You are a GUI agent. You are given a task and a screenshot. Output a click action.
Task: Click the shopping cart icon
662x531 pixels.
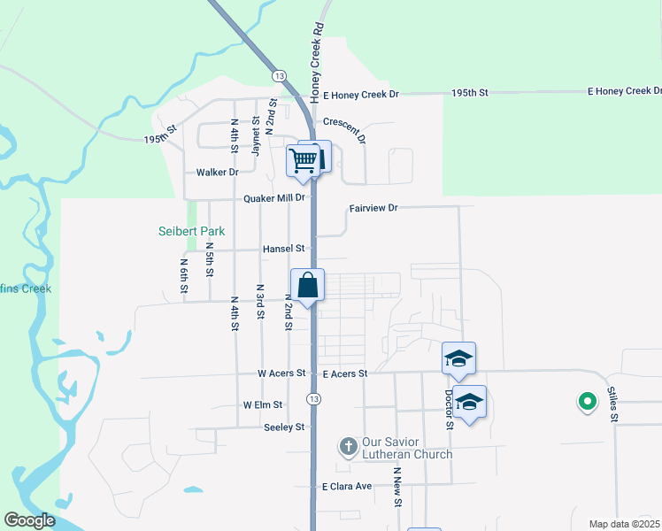point(303,160)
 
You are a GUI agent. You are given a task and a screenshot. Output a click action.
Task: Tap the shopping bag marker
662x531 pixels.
point(308,286)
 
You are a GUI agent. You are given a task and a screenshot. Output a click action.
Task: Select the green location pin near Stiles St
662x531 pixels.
point(586,403)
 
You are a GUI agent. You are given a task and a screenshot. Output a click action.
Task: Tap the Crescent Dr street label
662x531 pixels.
point(344,128)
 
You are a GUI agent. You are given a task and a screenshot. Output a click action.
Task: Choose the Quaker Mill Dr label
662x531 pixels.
point(274,198)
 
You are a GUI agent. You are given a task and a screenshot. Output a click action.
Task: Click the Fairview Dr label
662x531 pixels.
point(373,208)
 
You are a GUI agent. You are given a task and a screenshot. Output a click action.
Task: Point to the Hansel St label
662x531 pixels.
point(283,250)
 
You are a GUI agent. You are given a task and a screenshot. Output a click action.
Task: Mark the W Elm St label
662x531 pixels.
point(263,404)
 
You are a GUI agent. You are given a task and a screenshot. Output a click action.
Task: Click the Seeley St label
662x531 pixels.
point(284,427)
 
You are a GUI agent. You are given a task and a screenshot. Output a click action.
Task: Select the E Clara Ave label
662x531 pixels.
point(347,487)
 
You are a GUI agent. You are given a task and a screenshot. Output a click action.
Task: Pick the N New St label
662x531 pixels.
point(398,488)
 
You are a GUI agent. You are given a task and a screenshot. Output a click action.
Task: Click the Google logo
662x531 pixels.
point(29,520)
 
